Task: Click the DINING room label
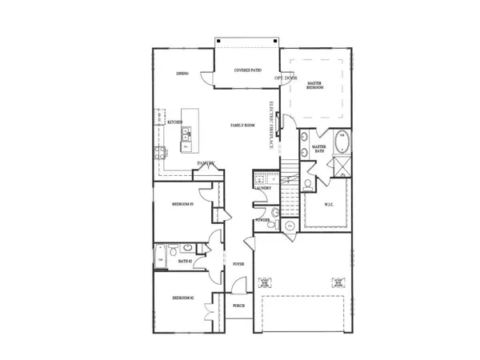point(182,74)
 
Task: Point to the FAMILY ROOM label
point(242,125)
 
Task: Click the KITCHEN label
point(174,122)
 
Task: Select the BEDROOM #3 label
point(183,205)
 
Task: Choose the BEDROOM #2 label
point(183,298)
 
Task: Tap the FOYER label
point(238,263)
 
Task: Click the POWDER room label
point(262,218)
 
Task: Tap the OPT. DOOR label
point(286,78)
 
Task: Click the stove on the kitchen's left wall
point(162,152)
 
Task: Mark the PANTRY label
point(206,163)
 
